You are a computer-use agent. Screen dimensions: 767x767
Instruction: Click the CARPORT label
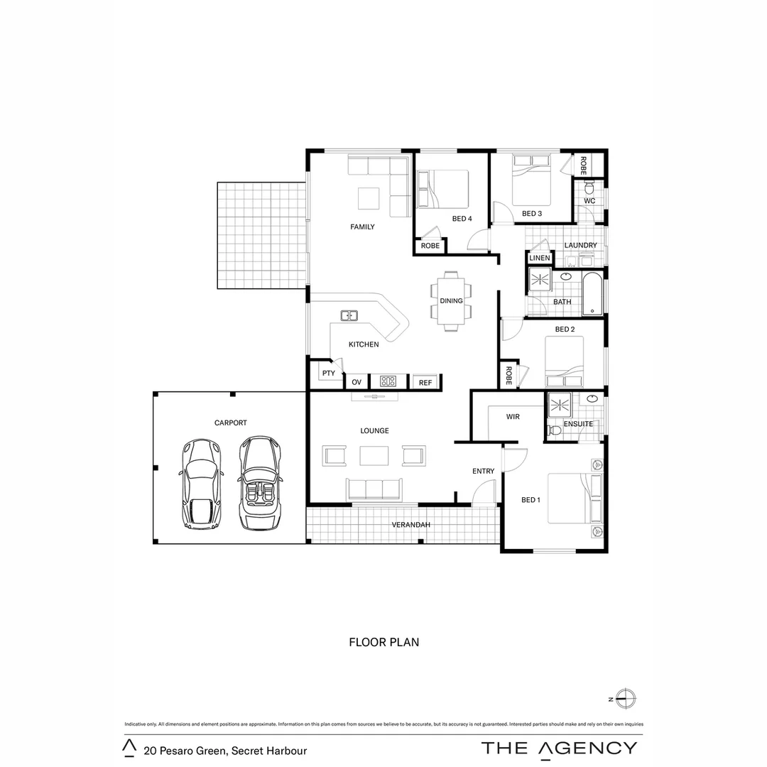pos(231,423)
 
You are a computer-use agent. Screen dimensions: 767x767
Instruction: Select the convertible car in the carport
pos(259,483)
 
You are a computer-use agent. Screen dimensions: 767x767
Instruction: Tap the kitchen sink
pos(349,315)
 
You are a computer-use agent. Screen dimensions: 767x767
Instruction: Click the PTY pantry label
pos(328,374)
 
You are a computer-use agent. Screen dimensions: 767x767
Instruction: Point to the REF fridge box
pos(425,382)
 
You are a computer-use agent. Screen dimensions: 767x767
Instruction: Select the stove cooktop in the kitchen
pos(388,381)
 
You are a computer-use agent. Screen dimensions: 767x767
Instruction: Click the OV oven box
pos(357,382)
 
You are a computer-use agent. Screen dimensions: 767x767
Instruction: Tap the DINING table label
pos(451,301)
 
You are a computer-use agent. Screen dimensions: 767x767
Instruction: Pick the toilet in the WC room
pos(589,188)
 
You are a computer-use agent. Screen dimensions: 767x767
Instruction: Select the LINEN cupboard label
pos(540,258)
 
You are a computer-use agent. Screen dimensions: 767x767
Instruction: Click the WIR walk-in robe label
pos(513,417)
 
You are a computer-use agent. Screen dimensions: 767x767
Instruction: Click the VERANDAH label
pos(411,525)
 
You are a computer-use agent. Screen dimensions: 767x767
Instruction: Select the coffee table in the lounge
pos(374,455)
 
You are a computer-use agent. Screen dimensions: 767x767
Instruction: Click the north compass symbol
pos(626,698)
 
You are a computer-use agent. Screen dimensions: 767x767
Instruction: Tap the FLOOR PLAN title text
pos(383,642)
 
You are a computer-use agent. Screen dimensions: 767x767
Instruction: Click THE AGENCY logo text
pos(559,748)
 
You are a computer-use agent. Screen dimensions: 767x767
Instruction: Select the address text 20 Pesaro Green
pos(225,750)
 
